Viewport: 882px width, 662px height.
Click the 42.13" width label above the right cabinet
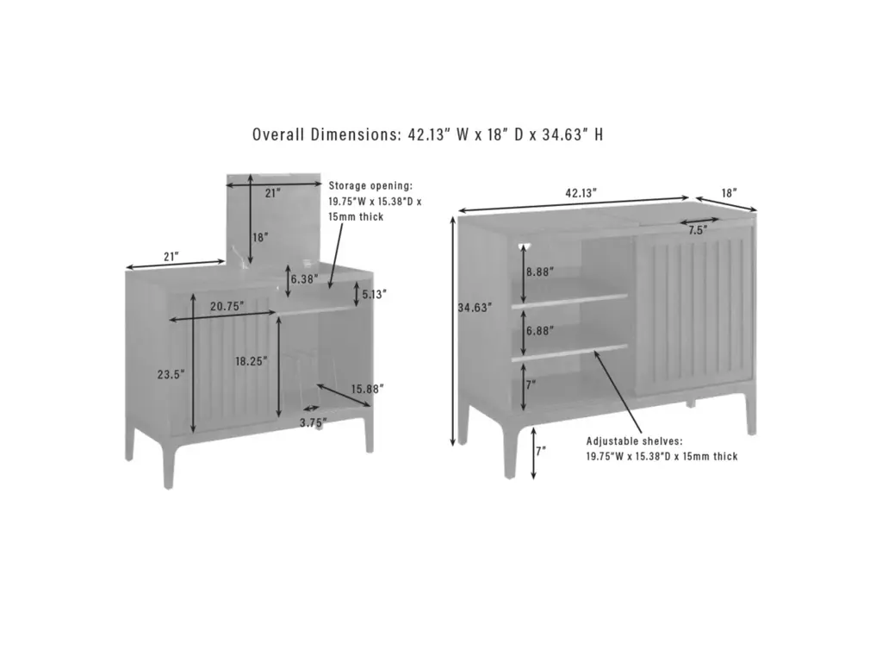pos(581,193)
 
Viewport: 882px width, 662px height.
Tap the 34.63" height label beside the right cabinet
pos(475,308)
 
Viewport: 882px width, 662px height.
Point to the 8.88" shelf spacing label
pos(540,272)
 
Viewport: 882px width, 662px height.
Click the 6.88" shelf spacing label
pos(540,331)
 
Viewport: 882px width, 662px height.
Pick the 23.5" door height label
pos(171,374)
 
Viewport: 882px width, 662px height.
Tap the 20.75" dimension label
pos(227,306)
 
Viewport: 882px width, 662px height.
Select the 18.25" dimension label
pos(252,361)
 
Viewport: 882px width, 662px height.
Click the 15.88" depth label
pos(368,389)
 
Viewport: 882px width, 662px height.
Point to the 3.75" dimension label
pos(313,422)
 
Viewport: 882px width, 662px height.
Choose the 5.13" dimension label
pos(375,295)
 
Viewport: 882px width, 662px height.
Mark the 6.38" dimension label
pos(304,278)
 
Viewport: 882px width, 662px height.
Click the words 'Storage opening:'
pos(370,185)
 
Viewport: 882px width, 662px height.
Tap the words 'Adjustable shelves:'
pos(635,441)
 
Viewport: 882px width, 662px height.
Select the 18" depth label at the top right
pos(730,193)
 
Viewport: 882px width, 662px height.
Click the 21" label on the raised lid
pos(273,193)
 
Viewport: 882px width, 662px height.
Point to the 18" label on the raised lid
pos(260,238)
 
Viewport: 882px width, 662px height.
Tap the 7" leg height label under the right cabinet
pos(541,452)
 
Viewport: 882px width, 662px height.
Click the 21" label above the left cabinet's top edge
pos(171,257)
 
